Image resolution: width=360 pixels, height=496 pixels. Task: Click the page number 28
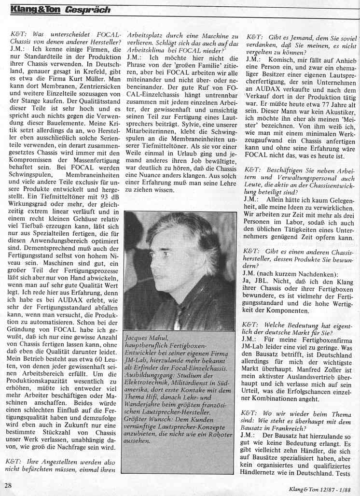click(x=9, y=485)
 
